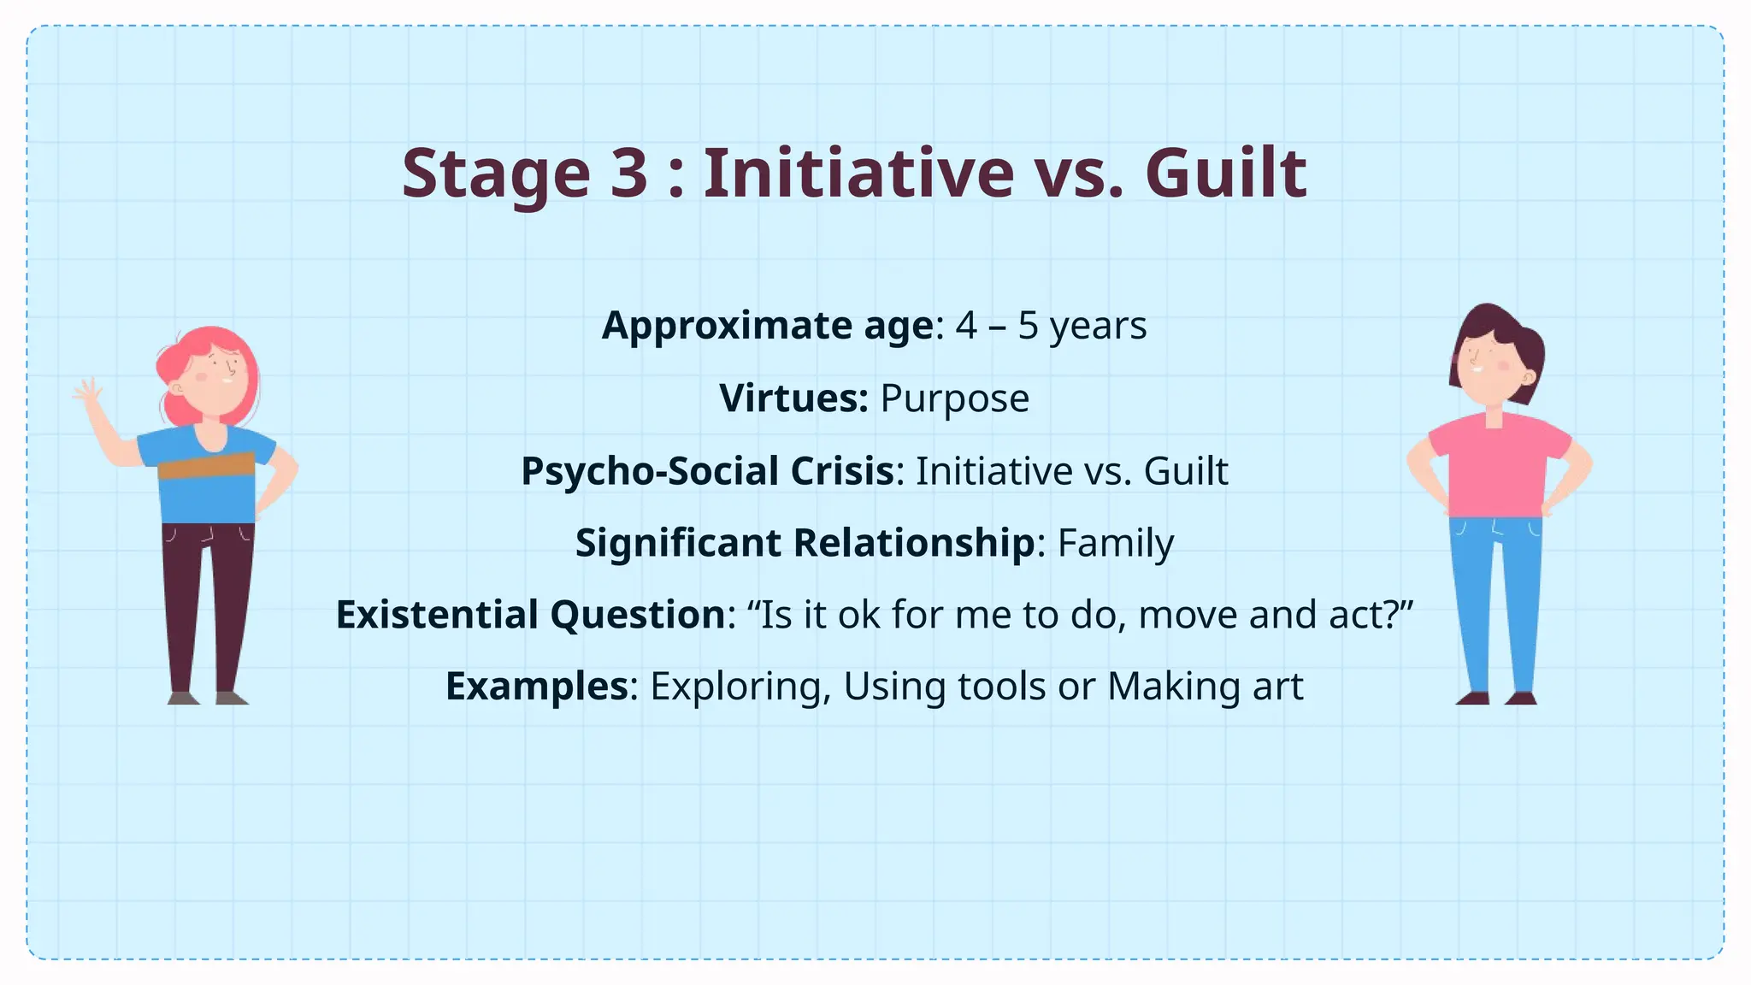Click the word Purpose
pos(954,398)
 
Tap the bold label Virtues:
pos(793,398)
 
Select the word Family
pos(1115,544)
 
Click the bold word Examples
pos(537,687)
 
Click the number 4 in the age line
pos(966,326)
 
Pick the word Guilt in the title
pos(1225,174)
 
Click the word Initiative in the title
pos(858,174)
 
